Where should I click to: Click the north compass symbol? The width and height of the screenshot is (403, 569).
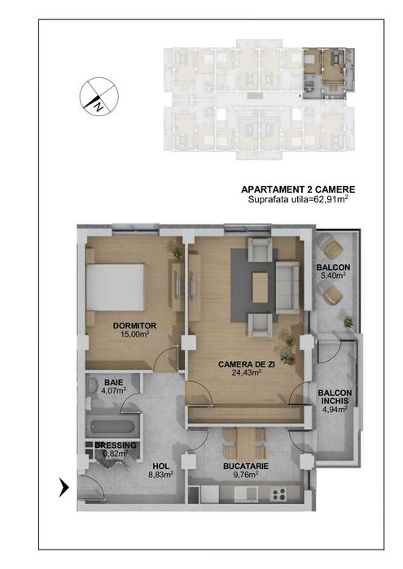pyautogui.click(x=99, y=97)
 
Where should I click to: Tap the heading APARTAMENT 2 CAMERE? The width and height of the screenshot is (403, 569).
pyautogui.click(x=298, y=189)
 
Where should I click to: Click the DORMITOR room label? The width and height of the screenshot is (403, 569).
pyautogui.click(x=134, y=326)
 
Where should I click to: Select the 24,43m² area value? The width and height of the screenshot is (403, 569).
pyautogui.click(x=247, y=372)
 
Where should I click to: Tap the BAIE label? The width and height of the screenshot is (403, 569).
pyautogui.click(x=114, y=383)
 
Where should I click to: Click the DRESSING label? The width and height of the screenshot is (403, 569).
pyautogui.click(x=116, y=445)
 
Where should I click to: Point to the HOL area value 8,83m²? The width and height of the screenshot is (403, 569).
pyautogui.click(x=161, y=474)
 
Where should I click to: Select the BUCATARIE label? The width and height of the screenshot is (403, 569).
pyautogui.click(x=246, y=467)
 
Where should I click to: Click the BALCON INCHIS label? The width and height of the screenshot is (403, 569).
pyautogui.click(x=335, y=397)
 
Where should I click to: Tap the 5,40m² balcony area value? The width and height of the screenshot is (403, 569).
pyautogui.click(x=333, y=276)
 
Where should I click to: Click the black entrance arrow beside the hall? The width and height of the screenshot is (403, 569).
pyautogui.click(x=64, y=487)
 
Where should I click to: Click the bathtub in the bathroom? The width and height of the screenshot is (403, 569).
pyautogui.click(x=112, y=427)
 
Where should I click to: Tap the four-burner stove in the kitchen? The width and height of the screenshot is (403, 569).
pyautogui.click(x=278, y=494)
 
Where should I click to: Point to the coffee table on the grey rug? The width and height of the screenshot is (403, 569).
pyautogui.click(x=260, y=288)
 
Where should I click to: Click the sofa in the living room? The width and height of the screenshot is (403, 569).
pyautogui.click(x=287, y=287)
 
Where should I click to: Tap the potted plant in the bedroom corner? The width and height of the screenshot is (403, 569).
pyautogui.click(x=177, y=252)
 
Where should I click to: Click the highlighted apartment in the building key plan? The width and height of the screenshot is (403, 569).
pyautogui.click(x=328, y=74)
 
